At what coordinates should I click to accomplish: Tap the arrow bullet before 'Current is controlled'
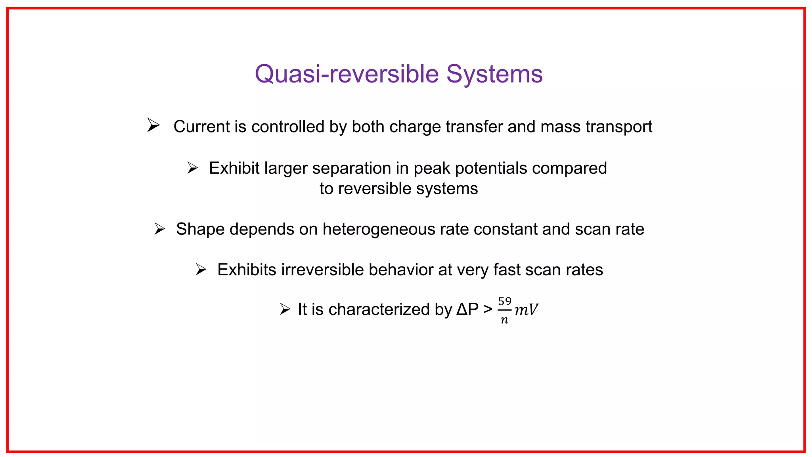[x=153, y=125]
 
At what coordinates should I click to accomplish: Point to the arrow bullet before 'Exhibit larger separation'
[x=193, y=168]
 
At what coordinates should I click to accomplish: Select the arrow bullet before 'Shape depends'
[x=159, y=229]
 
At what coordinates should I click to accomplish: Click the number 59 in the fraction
[x=505, y=301]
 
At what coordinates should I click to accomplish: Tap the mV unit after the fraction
[x=526, y=310]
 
